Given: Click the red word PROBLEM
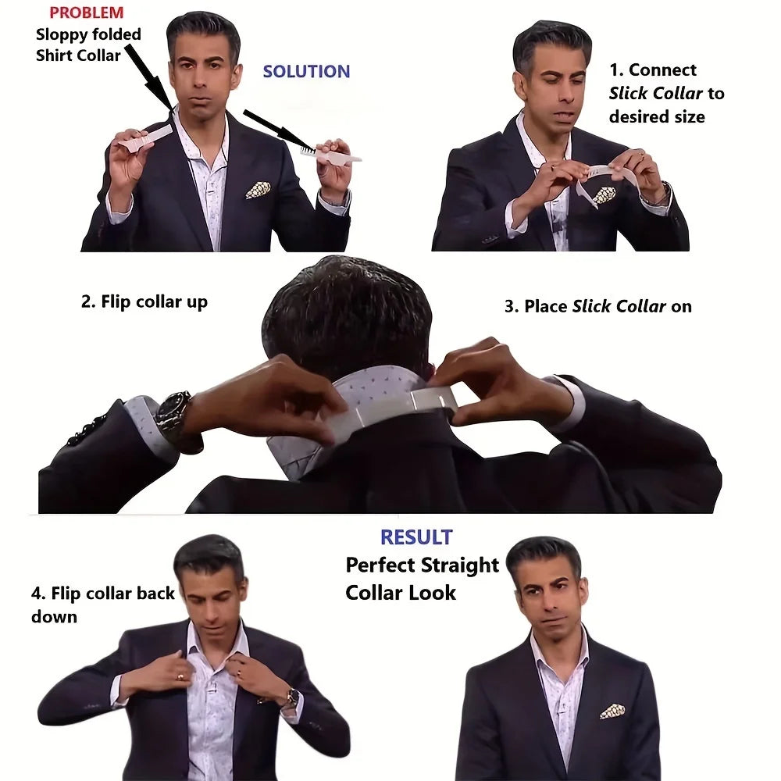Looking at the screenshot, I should (x=86, y=12).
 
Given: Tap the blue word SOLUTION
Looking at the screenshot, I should (x=306, y=72).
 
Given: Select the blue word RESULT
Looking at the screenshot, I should (x=416, y=537).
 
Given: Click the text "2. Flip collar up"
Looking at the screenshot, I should (x=144, y=302).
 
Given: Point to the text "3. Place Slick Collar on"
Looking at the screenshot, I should (x=597, y=306).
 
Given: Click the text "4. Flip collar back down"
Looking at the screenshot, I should (x=103, y=604).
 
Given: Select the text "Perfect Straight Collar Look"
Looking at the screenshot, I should (x=422, y=578).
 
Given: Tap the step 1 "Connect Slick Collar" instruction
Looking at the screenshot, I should (x=666, y=93).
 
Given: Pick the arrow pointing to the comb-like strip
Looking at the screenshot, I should (x=277, y=130).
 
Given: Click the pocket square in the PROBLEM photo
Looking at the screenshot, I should (x=258, y=190).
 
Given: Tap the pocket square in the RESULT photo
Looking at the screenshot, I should (x=612, y=711).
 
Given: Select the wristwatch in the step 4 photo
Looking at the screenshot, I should (x=291, y=697).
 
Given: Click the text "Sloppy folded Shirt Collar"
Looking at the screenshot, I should (x=87, y=45).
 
